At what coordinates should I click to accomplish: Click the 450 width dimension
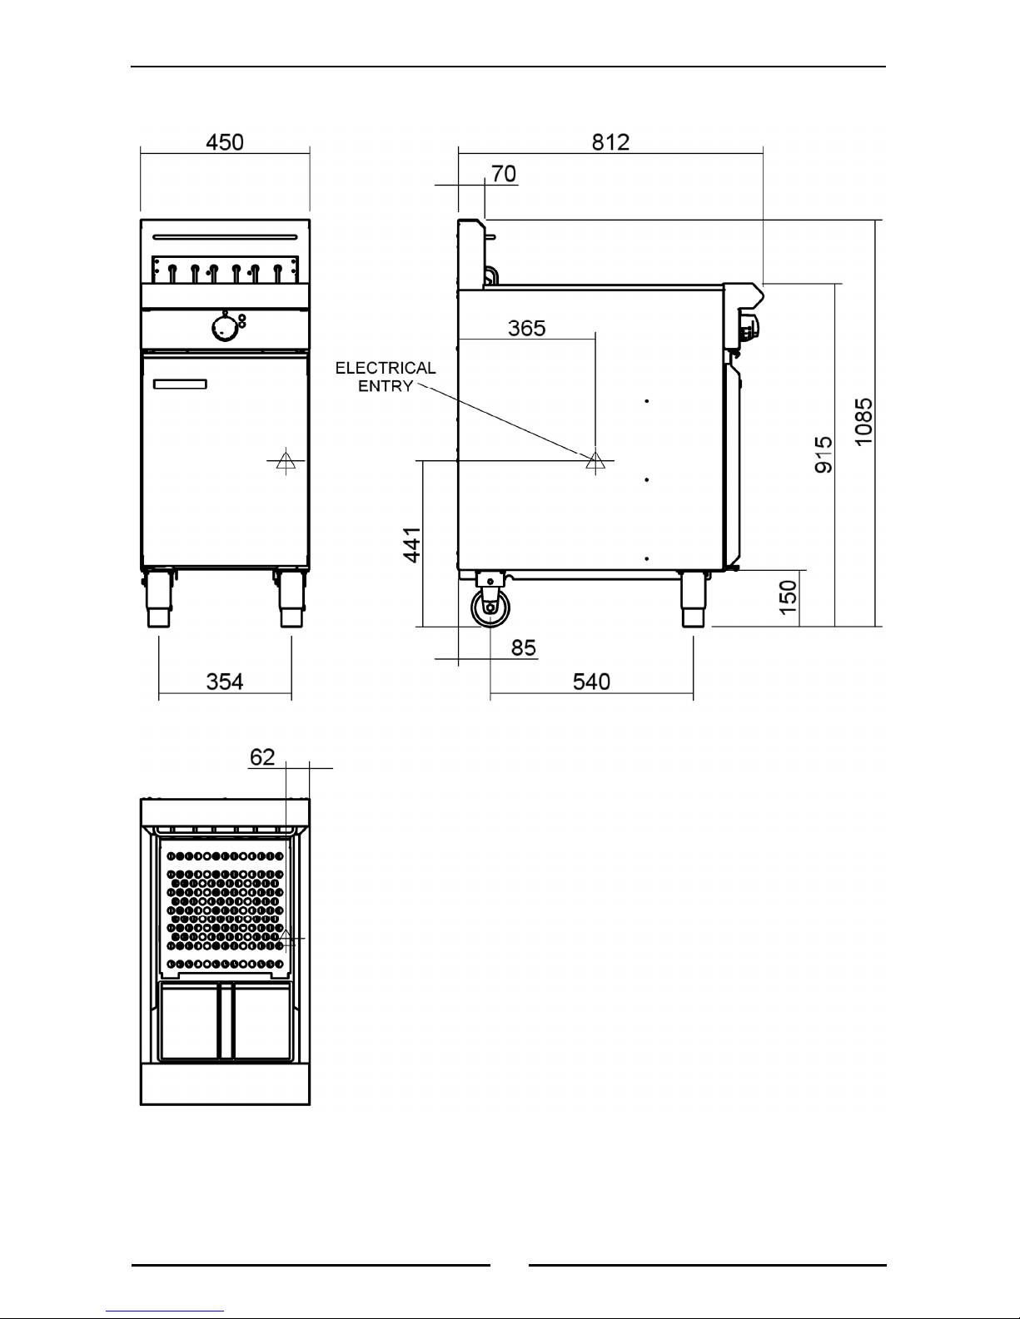(225, 142)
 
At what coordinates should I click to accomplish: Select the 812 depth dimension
(611, 142)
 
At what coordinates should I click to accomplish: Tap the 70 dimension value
(504, 174)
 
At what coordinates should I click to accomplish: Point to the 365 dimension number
(527, 328)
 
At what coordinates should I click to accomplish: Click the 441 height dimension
(412, 545)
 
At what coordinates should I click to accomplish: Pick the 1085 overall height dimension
(863, 422)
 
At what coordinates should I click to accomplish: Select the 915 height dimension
(823, 454)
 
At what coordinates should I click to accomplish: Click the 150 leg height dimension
(788, 598)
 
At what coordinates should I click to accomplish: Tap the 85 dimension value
(524, 647)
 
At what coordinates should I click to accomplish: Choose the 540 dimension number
(591, 682)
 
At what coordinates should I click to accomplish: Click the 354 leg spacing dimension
(225, 682)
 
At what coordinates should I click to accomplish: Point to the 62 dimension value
(262, 757)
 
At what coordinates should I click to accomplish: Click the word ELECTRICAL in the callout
(386, 368)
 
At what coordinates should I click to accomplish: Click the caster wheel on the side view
(490, 607)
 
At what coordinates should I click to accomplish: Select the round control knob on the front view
(224, 328)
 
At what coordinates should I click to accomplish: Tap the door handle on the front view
(180, 384)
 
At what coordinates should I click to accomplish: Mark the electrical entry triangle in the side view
(595, 461)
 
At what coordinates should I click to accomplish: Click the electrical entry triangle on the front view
(286, 461)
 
